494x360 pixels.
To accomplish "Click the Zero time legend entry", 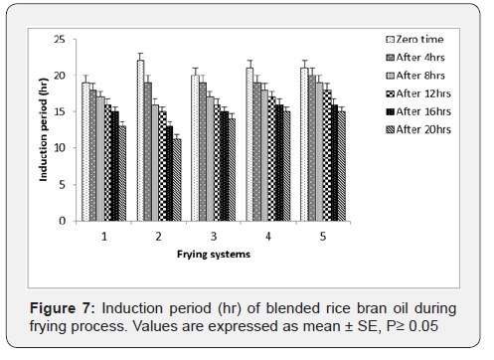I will click(x=415, y=39).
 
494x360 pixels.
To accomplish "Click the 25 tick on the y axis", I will click(x=61, y=39).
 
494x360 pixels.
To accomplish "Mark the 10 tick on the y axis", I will click(x=61, y=147).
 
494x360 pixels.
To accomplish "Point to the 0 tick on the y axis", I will click(x=64, y=220).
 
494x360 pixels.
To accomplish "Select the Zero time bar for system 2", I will click(x=140, y=139).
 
